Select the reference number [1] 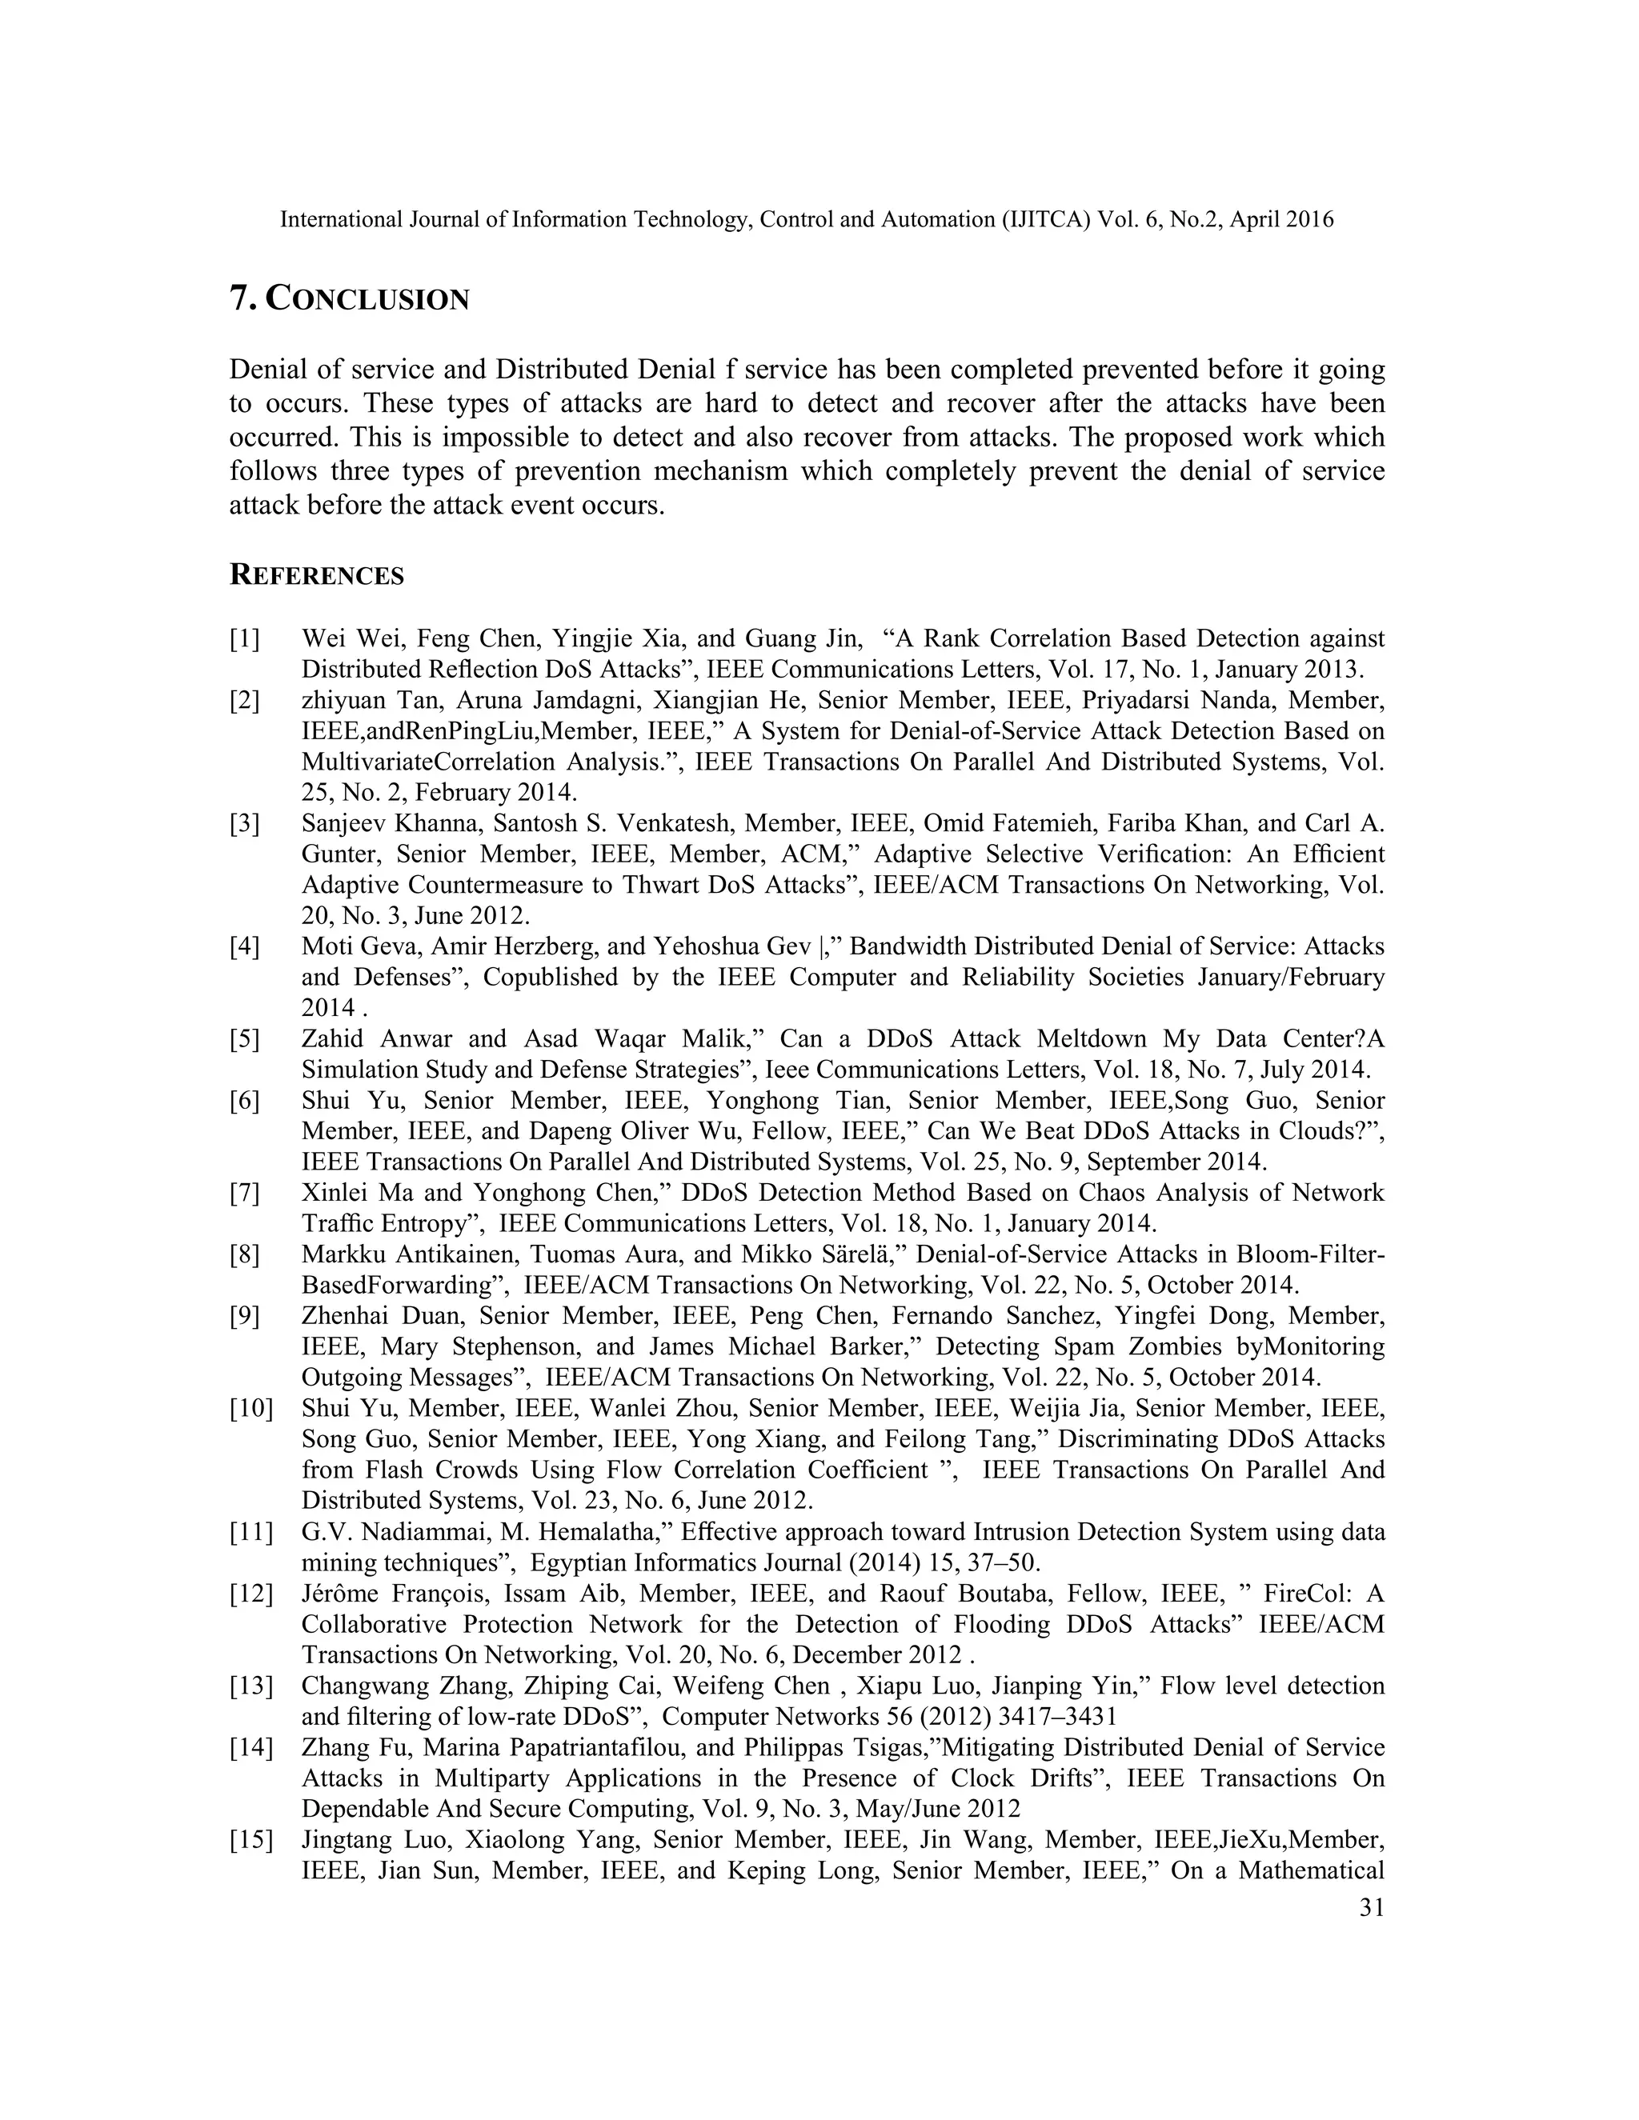pos(245,638)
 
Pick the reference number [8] pos(245,1254)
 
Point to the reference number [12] pos(250,1593)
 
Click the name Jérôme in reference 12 pos(338,1593)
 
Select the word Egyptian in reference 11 pos(578,1563)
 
